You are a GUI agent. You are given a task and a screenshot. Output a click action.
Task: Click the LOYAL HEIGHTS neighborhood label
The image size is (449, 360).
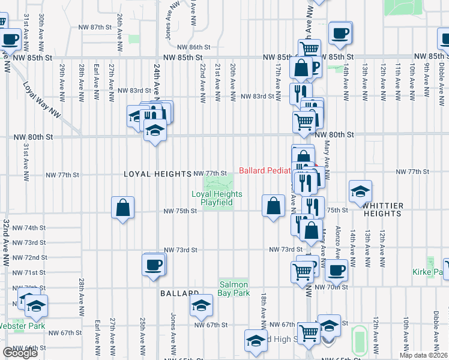[157, 174]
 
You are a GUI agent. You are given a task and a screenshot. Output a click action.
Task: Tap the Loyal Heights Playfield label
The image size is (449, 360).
[217, 198]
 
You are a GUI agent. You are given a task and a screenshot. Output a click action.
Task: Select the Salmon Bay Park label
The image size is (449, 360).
[234, 289]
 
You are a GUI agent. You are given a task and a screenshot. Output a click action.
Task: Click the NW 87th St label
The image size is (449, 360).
[95, 28]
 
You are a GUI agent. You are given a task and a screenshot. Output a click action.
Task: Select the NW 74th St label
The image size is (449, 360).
[31, 228]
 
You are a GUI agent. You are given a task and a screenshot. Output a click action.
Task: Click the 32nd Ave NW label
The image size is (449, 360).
[7, 242]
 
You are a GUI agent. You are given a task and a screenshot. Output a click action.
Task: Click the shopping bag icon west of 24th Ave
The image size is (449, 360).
[123, 208]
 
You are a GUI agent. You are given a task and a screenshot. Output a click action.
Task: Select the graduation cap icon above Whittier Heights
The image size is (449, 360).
[360, 191]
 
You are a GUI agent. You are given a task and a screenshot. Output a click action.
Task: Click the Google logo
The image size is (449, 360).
[20, 353]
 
